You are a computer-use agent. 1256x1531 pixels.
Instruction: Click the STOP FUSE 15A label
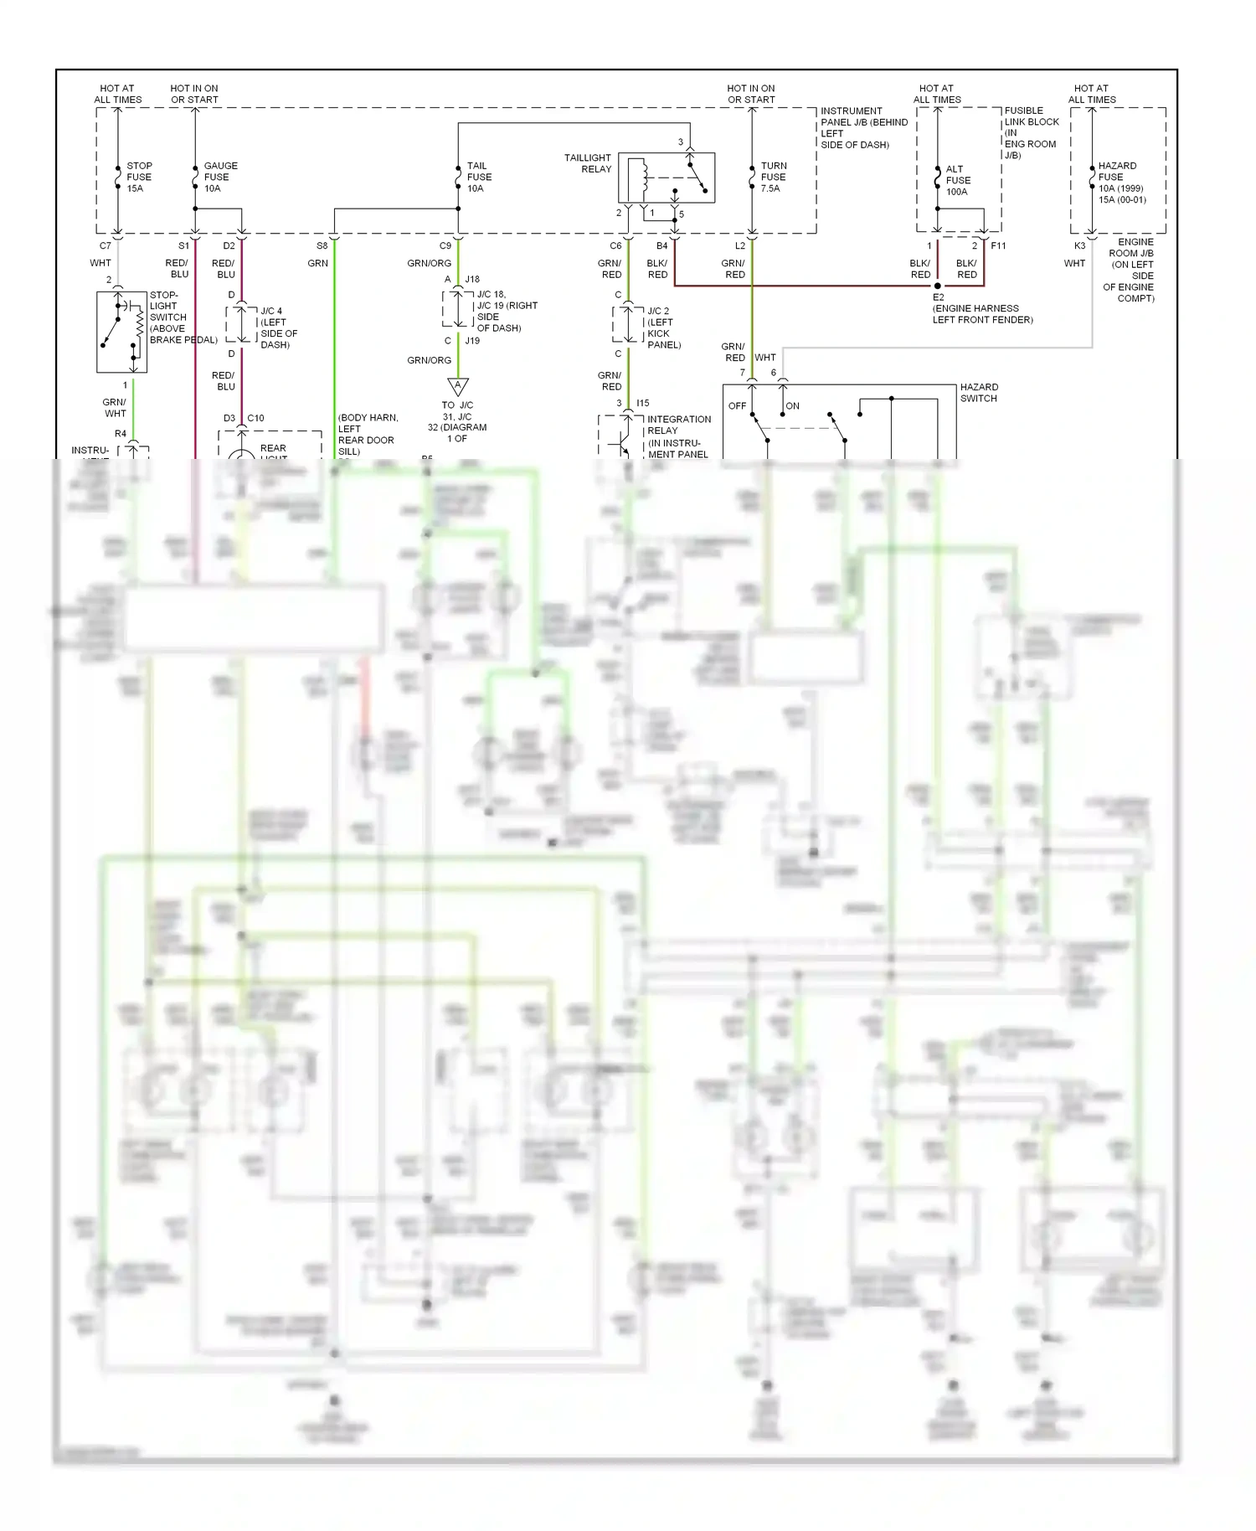click(138, 177)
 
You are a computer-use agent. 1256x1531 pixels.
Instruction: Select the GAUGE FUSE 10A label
click(219, 177)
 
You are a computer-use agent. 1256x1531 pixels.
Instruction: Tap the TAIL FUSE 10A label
click(478, 177)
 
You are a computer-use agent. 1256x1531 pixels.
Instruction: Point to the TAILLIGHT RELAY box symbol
click(667, 178)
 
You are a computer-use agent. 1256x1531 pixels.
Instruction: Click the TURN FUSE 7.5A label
click(773, 177)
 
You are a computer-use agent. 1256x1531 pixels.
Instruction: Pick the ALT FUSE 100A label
click(957, 180)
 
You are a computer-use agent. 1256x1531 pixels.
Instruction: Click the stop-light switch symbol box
click(121, 332)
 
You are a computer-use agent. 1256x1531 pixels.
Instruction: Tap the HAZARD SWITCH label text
click(978, 393)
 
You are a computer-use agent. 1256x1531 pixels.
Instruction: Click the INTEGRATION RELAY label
click(678, 425)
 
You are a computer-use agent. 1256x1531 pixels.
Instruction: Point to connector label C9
click(445, 246)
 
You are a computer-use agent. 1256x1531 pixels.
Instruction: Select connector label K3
click(1079, 246)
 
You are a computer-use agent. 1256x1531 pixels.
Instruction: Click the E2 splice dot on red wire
click(938, 286)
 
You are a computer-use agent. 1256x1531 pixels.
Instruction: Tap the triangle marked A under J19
click(457, 386)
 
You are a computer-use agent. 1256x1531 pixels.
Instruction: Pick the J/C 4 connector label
click(271, 311)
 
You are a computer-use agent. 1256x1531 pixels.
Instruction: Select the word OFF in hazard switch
click(737, 406)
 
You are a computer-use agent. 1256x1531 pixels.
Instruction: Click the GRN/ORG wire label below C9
click(429, 263)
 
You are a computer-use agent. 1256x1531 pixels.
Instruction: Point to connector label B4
click(661, 246)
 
